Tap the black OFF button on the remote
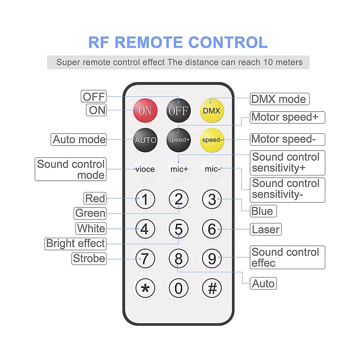178,110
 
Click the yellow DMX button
212,110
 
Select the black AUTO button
145,140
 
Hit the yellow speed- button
212,140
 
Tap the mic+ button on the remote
179,169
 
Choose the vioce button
145,169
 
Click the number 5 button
178,229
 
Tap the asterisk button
145,288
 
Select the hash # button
212,288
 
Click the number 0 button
178,288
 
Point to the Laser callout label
266,230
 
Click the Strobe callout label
89,259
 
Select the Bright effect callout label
75,243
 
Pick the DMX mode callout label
279,99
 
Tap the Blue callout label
263,211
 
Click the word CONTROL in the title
228,42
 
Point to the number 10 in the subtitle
268,62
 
